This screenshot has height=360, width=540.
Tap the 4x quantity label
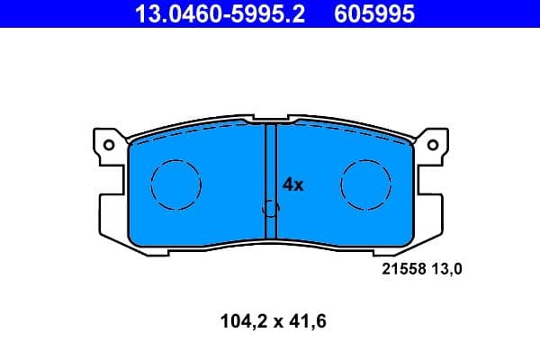pos(294,184)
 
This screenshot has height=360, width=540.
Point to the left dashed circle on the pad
pos(175,184)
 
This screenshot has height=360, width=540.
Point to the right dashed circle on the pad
pos(365,184)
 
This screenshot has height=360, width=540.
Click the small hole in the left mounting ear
pos(108,144)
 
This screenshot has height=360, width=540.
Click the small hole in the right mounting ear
pos(433,144)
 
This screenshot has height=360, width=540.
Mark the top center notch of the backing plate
pos(270,118)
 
